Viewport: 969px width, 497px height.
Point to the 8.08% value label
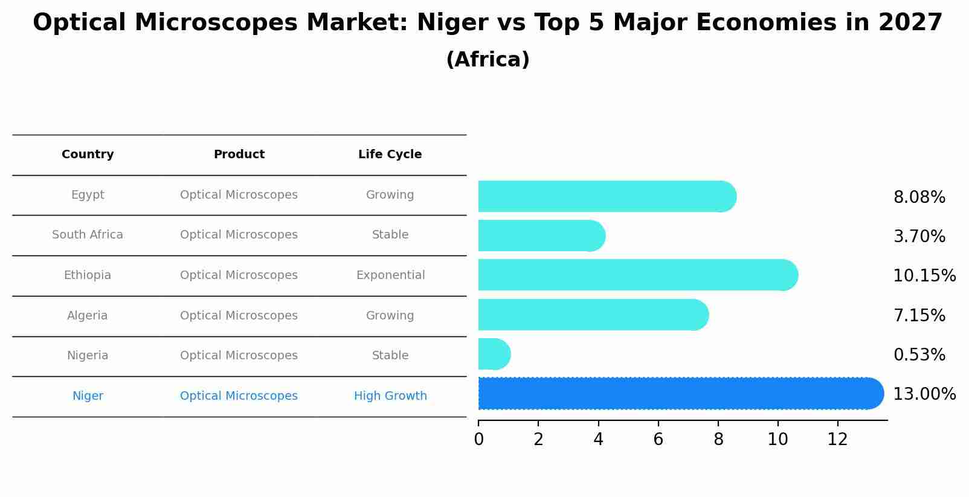point(919,197)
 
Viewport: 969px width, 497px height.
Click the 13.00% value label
point(924,394)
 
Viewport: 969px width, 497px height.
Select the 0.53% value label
point(919,355)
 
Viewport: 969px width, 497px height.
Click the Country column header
point(88,155)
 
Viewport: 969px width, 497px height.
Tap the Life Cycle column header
point(390,155)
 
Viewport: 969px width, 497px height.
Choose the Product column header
point(239,155)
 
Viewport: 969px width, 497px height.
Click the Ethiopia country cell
point(88,275)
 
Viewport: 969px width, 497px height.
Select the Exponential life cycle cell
point(390,275)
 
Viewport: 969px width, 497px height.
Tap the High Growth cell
point(390,396)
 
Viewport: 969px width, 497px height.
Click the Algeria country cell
point(88,316)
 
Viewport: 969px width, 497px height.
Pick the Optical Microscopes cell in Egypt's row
point(239,195)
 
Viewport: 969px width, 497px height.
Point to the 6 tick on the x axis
point(658,440)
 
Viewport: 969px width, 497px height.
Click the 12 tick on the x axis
point(837,440)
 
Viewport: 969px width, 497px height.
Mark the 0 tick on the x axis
point(478,440)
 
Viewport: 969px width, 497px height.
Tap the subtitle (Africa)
point(488,60)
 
